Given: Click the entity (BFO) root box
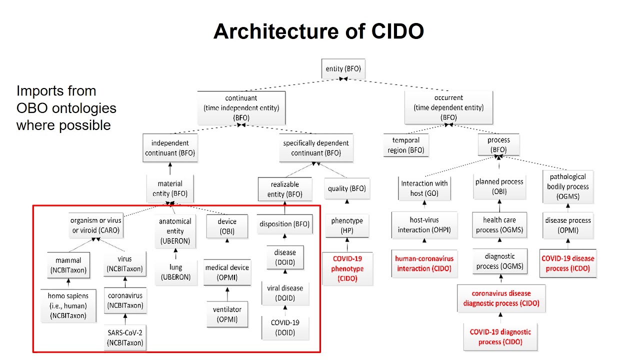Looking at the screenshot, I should click(x=342, y=69).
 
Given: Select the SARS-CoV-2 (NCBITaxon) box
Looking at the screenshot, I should click(x=125, y=337).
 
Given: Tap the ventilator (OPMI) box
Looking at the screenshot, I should click(x=227, y=314).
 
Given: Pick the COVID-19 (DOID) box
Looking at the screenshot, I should click(x=285, y=327).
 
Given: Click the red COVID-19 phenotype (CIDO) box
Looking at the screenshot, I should click(x=347, y=268).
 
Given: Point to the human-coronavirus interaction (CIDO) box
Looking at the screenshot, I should click(x=424, y=263).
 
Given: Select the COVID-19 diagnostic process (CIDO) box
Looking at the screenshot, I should click(x=500, y=336).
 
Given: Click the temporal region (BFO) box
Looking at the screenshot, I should click(x=405, y=145).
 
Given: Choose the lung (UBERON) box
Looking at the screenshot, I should click(x=175, y=272).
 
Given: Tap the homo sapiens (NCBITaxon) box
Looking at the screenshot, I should click(x=68, y=305).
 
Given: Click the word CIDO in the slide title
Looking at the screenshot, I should click(x=397, y=31).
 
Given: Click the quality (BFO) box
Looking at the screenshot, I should click(x=346, y=188).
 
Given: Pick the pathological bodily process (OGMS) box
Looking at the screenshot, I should click(x=567, y=186).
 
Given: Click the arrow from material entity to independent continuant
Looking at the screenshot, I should click(x=170, y=168).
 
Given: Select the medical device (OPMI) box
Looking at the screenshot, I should click(x=227, y=272).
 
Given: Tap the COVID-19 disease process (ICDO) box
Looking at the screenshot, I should click(x=567, y=263).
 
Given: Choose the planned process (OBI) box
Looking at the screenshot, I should click(x=499, y=186).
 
